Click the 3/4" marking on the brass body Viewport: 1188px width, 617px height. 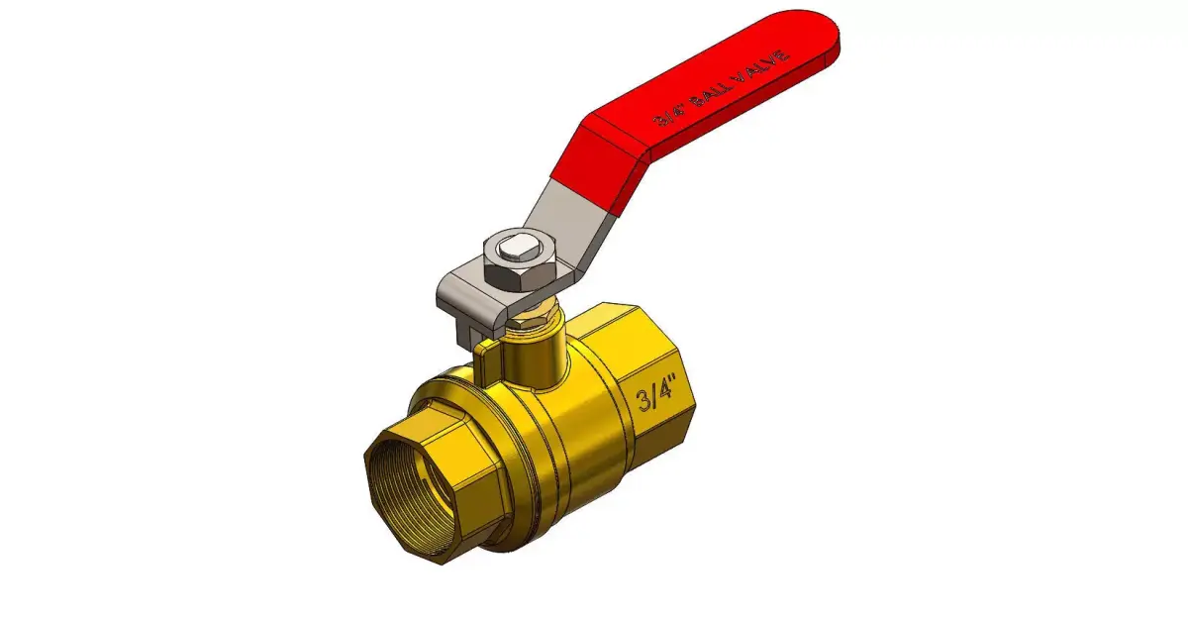pos(654,398)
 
